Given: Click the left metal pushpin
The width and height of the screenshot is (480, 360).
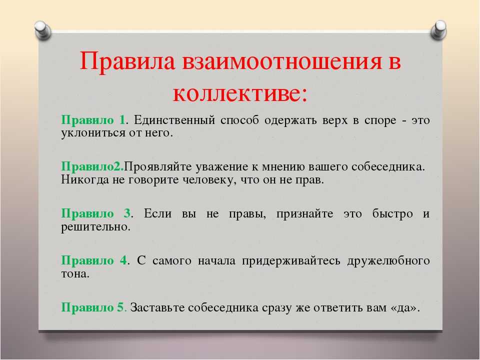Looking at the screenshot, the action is pyautogui.click(x=42, y=30).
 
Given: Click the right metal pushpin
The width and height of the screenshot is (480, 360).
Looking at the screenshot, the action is pyautogui.click(x=438, y=30).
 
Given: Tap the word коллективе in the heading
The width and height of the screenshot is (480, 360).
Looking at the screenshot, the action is pyautogui.click(x=236, y=93).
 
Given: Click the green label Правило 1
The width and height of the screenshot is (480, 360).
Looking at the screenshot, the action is pyautogui.click(x=93, y=120).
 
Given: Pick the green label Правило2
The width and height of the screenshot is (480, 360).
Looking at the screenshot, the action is pyautogui.click(x=92, y=167).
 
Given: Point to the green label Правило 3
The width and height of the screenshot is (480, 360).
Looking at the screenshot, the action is pyautogui.click(x=96, y=213).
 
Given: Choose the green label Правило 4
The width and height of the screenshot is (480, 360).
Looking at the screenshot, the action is pyautogui.click(x=94, y=260).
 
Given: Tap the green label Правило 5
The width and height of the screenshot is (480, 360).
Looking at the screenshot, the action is pyautogui.click(x=92, y=307).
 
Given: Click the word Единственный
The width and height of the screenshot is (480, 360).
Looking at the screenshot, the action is pyautogui.click(x=174, y=120).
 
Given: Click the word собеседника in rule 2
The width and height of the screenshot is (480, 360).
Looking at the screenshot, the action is pyautogui.click(x=388, y=167).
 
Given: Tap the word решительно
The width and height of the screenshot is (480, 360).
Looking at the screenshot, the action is pyautogui.click(x=95, y=227).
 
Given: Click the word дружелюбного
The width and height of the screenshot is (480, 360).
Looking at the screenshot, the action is pyautogui.click(x=388, y=261).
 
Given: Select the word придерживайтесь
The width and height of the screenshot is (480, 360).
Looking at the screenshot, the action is pyautogui.click(x=291, y=261).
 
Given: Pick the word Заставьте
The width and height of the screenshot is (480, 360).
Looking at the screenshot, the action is pyautogui.click(x=157, y=307).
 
